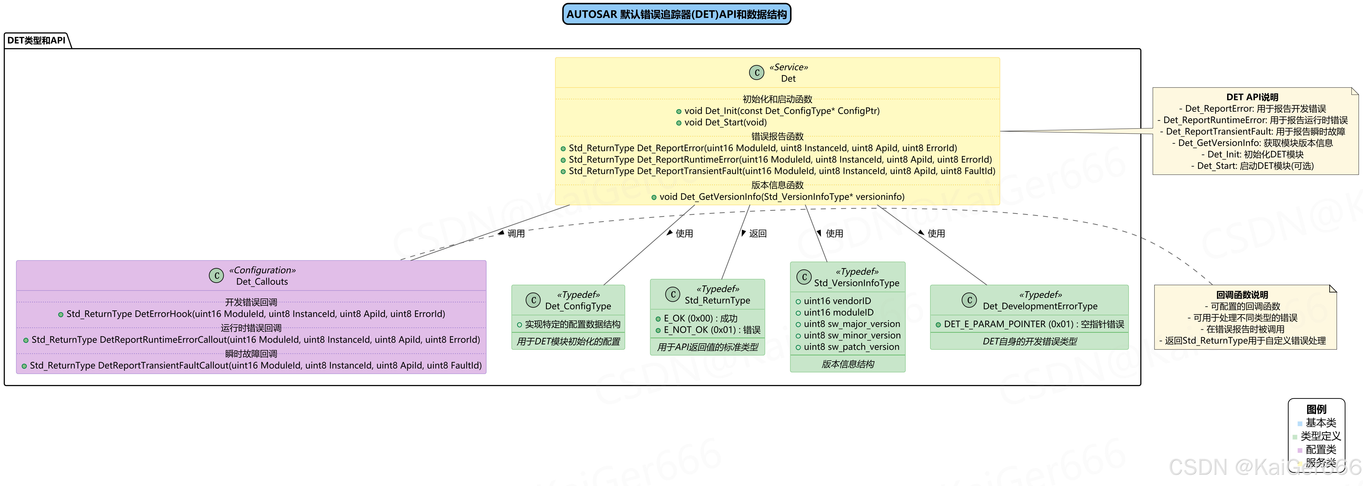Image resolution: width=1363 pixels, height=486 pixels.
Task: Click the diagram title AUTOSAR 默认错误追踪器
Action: pos(676,14)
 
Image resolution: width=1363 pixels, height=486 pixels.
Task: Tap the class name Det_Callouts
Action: pos(262,282)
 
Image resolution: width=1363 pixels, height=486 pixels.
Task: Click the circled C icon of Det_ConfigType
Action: pos(533,300)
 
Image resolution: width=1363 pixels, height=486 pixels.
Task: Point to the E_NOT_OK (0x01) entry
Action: pos(712,330)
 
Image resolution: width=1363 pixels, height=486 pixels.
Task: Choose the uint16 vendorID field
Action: pos(837,301)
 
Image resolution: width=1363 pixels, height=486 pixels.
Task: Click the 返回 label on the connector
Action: pos(757,234)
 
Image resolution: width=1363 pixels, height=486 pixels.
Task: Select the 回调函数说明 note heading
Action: pos(1242,295)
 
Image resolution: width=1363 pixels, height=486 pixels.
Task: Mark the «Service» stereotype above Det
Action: pos(788,67)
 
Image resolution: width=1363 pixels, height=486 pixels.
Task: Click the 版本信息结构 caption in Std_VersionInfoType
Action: pos(848,364)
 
